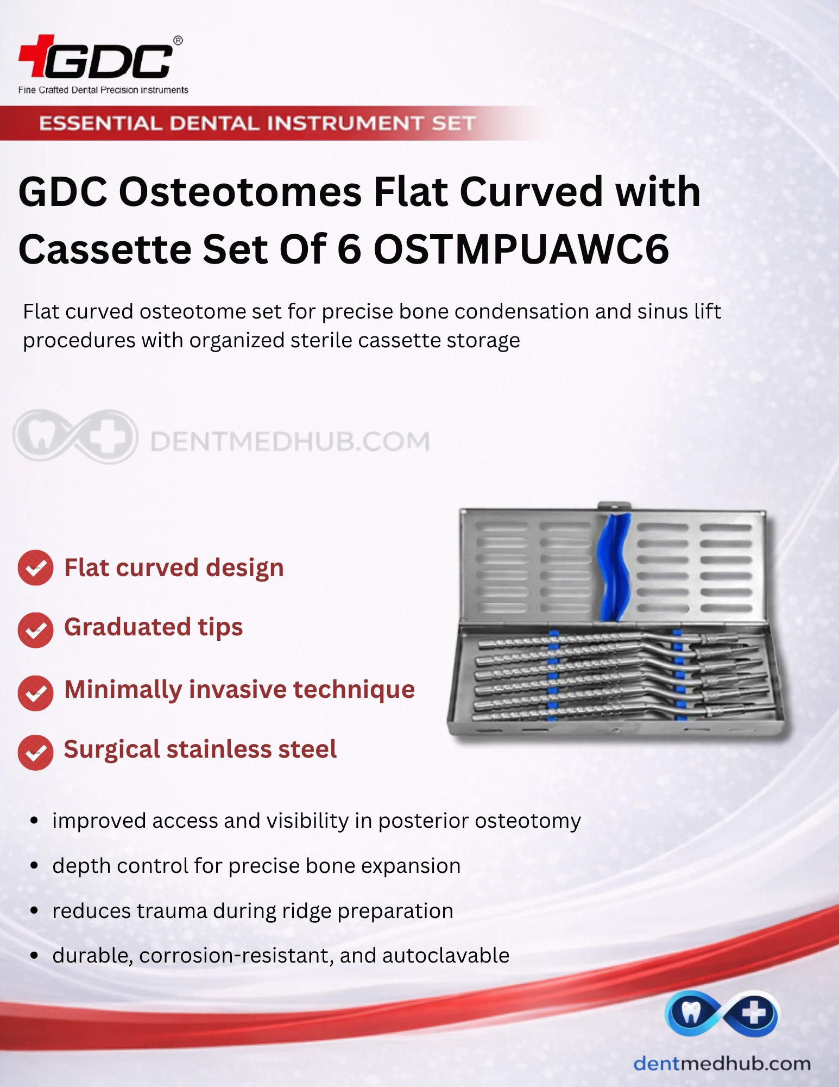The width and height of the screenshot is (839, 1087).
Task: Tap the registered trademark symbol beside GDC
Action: pos(178,40)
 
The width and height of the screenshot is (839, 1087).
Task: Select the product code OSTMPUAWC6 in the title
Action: pos(521,249)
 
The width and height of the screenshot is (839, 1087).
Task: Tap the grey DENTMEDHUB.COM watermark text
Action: pos(289,441)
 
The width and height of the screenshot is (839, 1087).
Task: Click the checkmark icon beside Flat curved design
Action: pos(35,568)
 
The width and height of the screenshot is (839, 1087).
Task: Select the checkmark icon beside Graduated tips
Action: pos(35,630)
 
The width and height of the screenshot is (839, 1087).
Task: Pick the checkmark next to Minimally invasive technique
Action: pos(35,693)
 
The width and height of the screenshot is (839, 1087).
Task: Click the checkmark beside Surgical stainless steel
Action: pos(35,752)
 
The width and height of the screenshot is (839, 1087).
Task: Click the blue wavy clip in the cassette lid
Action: pos(614,567)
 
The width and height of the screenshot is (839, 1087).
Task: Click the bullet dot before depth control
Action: pos(34,866)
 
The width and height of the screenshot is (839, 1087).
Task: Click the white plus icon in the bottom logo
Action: pos(754,1013)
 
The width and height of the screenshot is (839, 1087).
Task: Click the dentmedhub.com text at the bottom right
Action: pos(722,1063)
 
